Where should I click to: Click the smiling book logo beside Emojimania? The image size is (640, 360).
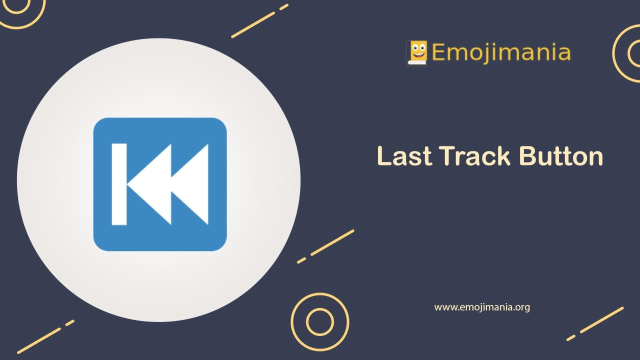(417, 52)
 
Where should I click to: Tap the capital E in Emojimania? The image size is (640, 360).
(438, 52)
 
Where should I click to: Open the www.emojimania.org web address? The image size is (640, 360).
(481, 307)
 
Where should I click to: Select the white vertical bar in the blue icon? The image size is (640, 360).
(119, 184)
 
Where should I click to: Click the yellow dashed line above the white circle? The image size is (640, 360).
(259, 21)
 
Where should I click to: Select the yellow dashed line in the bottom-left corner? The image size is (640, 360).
(45, 336)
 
